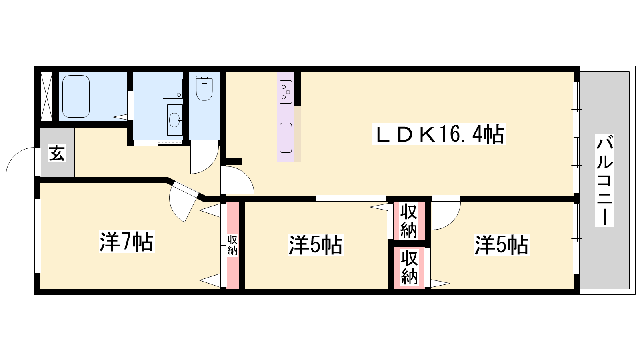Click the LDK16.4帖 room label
438,134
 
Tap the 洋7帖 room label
126,242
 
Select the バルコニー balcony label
604,180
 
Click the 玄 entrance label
57,153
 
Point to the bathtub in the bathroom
76,96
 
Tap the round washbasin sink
174,120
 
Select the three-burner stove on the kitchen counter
286,92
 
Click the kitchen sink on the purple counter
286,138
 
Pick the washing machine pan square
172,89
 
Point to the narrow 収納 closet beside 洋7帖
232,245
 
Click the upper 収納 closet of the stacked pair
409,220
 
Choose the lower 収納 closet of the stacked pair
409,268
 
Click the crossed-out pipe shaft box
46,96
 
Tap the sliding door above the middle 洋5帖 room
352,199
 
